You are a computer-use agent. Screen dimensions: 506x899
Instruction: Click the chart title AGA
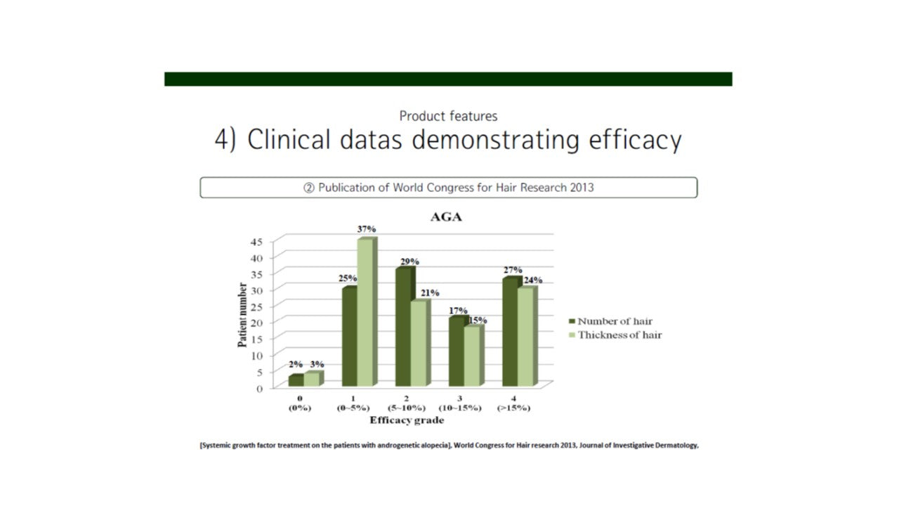pos(446,218)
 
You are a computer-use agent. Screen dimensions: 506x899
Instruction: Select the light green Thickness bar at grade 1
pos(366,313)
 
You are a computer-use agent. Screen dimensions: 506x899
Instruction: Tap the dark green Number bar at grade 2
pos(403,327)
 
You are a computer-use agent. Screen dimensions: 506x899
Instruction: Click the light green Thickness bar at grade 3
pos(472,356)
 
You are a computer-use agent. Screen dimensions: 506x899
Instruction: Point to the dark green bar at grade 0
pos(296,380)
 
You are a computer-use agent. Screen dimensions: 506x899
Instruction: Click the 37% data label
pos(367,229)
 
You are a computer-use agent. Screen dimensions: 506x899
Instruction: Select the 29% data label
pos(409,261)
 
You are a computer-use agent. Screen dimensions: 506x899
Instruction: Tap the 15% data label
pos(478,320)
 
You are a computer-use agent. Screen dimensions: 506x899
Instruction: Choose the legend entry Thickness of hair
pos(619,335)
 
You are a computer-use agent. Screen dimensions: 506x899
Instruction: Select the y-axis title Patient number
pos(242,315)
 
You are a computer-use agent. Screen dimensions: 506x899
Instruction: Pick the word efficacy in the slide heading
pos(636,141)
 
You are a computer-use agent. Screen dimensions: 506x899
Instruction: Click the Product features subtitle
pos(448,116)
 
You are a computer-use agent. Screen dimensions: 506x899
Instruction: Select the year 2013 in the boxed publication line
pos(580,188)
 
